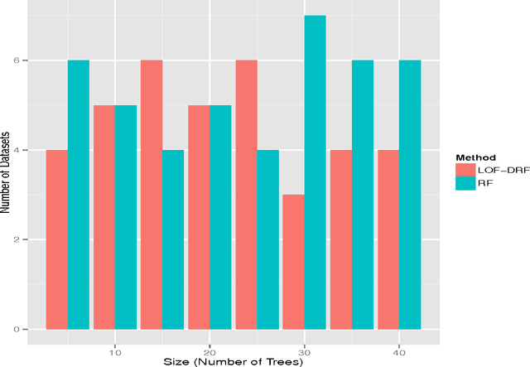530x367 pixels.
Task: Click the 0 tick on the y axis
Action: pos(25,330)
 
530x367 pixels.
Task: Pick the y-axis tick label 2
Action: pos(25,240)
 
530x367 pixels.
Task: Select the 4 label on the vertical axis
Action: pos(25,151)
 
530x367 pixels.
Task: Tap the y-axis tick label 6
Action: pos(25,61)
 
